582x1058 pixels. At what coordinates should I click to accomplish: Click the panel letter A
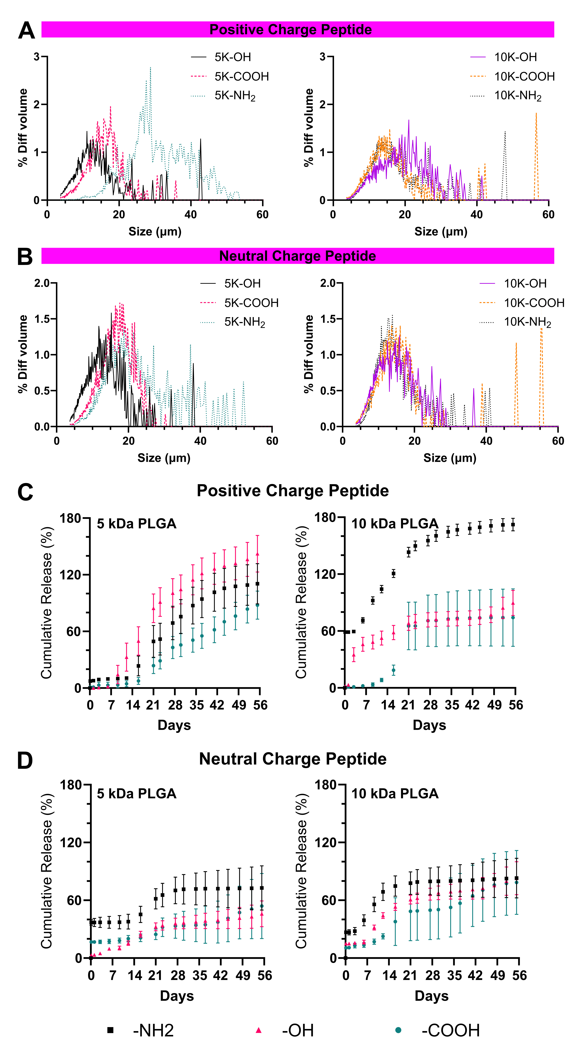(x=27, y=30)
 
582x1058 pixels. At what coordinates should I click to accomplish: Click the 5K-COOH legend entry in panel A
(x=230, y=76)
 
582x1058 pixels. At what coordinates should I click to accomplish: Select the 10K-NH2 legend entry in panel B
(x=515, y=322)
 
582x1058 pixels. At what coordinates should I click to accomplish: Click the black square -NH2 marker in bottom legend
(x=110, y=1030)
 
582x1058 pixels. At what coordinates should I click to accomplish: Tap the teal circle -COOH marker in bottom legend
(x=398, y=1030)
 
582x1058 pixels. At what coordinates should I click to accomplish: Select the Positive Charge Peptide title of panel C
(x=293, y=491)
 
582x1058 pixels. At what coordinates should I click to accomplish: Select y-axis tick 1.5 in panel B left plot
(x=42, y=319)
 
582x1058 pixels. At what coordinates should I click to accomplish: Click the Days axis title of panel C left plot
(x=174, y=725)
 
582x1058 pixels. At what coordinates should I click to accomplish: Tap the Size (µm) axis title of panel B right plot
(x=450, y=458)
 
